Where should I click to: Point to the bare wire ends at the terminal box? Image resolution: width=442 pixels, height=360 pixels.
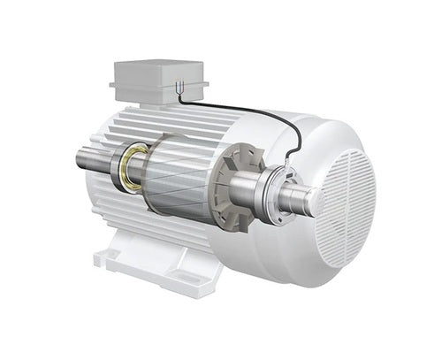coord(179,88)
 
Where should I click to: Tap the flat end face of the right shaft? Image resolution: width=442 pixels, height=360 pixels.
coord(316,200)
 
